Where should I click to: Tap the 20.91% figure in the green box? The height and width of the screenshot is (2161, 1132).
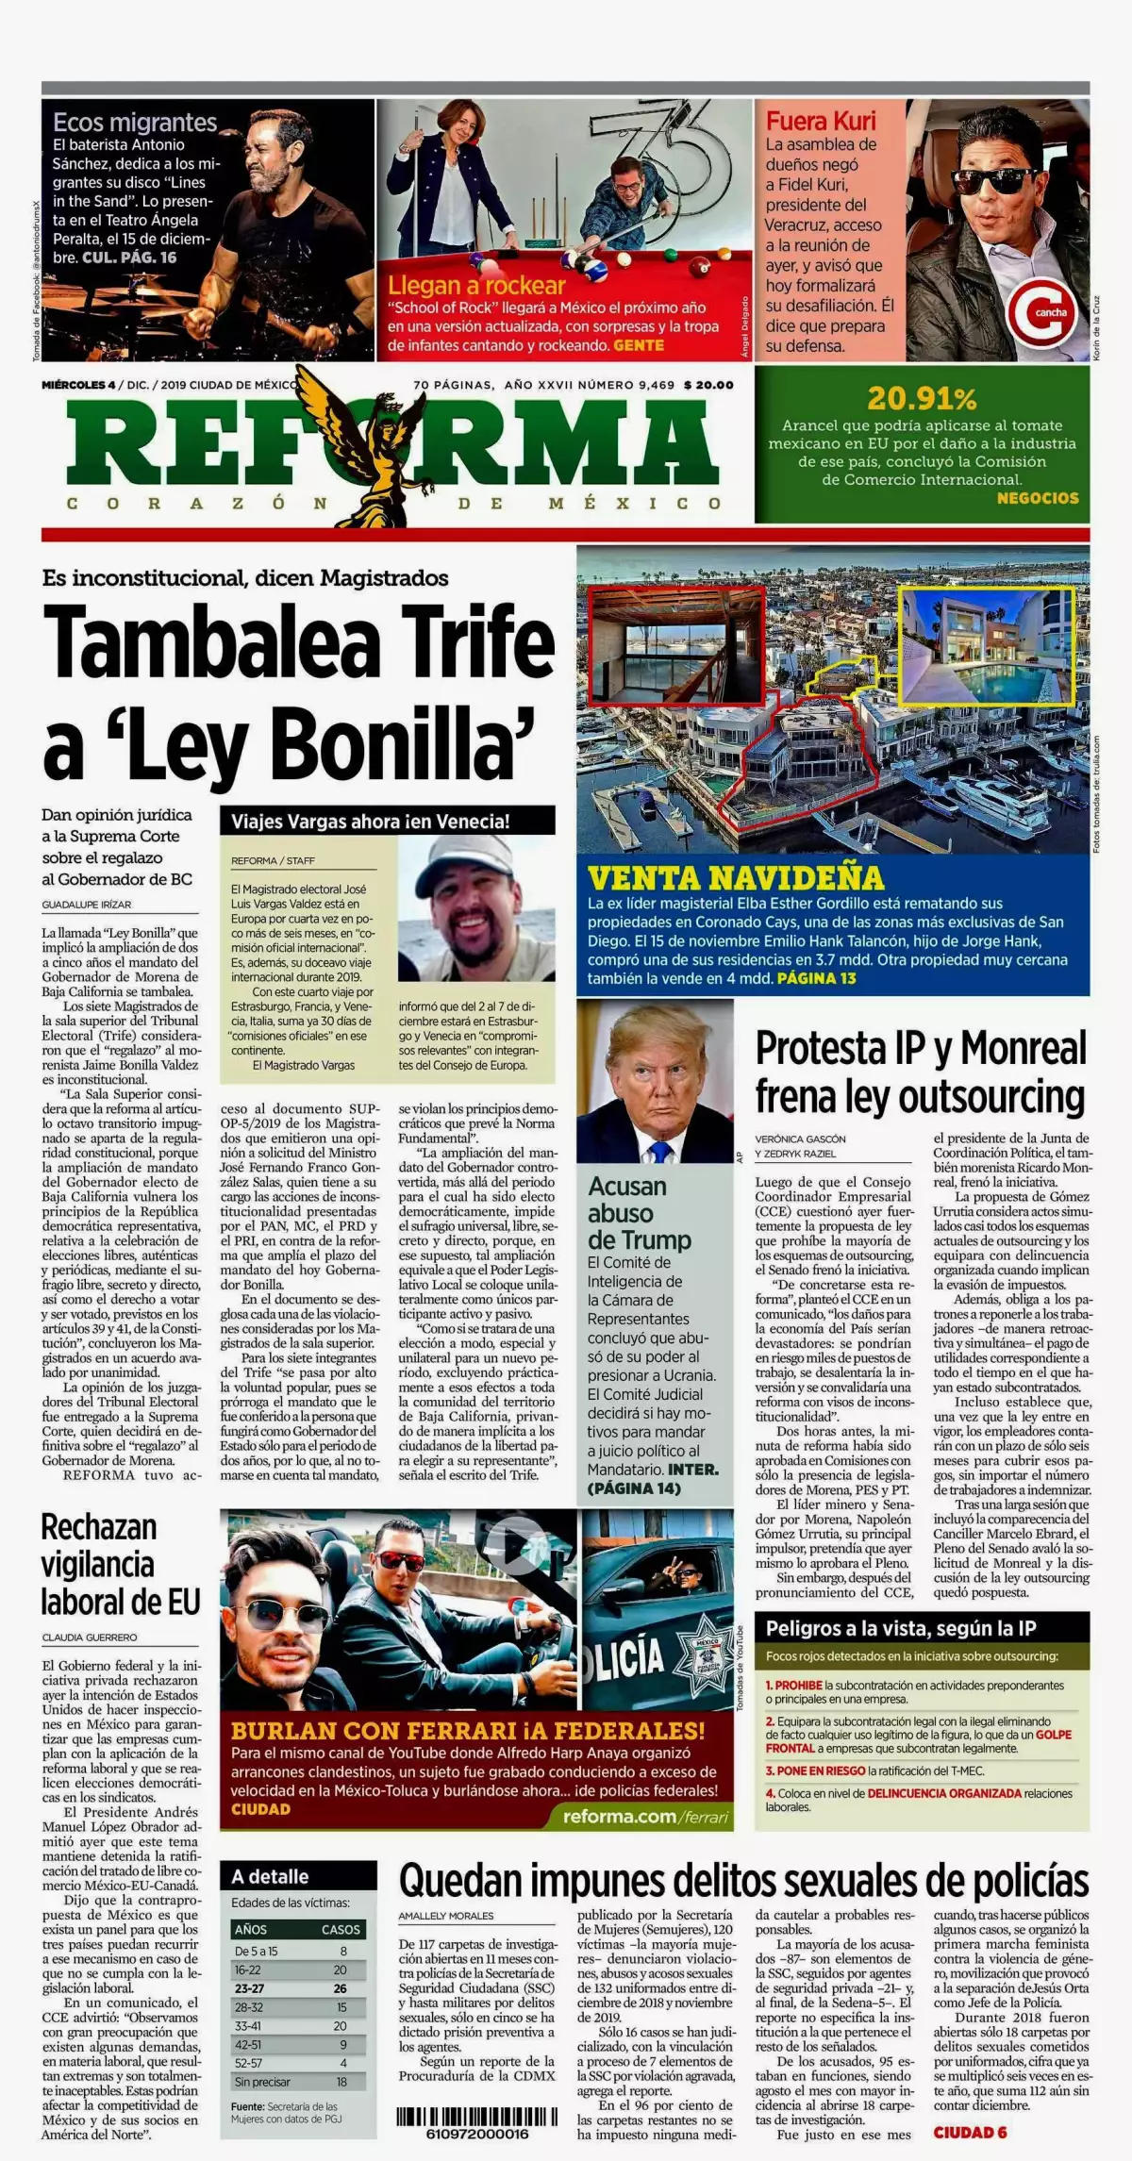pyautogui.click(x=922, y=398)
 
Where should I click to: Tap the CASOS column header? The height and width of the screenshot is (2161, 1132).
pyautogui.click(x=340, y=1930)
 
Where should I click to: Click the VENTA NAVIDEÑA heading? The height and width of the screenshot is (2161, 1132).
pyautogui.click(x=736, y=878)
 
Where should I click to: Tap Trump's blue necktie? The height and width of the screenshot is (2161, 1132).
pyautogui.click(x=659, y=1152)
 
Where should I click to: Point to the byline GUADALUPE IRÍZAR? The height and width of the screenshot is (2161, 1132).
pyautogui.click(x=87, y=905)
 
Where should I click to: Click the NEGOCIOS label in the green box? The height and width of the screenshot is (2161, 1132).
pyautogui.click(x=1037, y=498)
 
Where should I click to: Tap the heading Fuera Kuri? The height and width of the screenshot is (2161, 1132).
pyautogui.click(x=821, y=121)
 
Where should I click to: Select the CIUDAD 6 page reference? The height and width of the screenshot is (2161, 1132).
pyautogui.click(x=970, y=2133)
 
